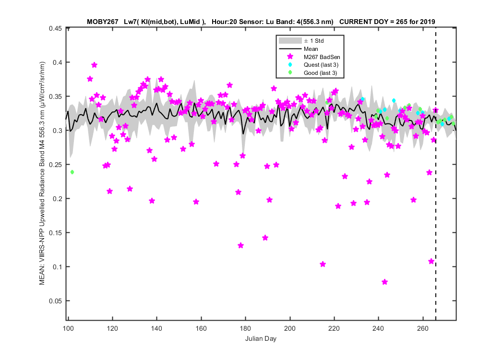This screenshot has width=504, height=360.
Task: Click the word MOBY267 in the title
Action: click(103, 22)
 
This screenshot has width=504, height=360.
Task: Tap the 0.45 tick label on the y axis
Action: click(55, 29)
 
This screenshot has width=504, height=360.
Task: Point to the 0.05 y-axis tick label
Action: click(55, 301)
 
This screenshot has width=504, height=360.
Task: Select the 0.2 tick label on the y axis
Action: click(57, 199)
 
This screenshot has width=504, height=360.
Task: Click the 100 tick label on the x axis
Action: click(68, 328)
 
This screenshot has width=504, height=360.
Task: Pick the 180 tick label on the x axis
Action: click(246, 328)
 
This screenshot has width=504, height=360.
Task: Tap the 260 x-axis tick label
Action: click(423, 328)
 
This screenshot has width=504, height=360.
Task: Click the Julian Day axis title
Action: click(261, 338)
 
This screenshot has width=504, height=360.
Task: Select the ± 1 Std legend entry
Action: click(314, 41)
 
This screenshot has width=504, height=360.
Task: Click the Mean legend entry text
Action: click(311, 49)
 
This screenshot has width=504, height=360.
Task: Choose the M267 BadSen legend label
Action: click(322, 57)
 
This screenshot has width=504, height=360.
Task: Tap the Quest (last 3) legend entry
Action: click(321, 65)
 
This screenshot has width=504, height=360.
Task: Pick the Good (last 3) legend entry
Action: click(320, 73)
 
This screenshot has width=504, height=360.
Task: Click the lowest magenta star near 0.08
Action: click(385, 282)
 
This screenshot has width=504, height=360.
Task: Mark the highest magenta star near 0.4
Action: click(94, 65)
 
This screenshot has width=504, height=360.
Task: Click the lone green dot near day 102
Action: click(72, 172)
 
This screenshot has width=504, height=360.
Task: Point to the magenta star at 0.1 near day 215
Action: click(323, 264)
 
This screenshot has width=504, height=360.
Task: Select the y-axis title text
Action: click(42, 173)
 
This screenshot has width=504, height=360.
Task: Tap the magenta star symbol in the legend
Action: click(290, 57)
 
